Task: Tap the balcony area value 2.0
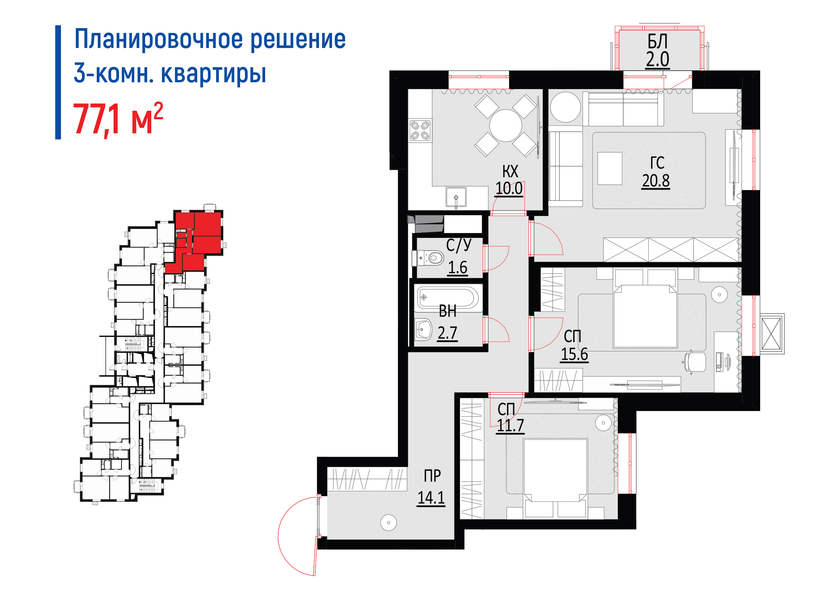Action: point(658,59)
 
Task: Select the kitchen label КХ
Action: point(510,171)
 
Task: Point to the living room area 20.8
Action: point(656,181)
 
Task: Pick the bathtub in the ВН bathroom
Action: point(448,297)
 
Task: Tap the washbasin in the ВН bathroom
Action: point(423,329)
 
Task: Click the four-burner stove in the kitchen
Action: point(420,131)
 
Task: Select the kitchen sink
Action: point(456,197)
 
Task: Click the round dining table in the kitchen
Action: point(506,125)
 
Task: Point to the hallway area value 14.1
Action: point(431,498)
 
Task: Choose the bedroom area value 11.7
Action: point(510,425)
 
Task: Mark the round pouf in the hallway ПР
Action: point(388,523)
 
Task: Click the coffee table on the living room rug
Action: point(610,168)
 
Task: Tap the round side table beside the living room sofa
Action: point(565,107)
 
